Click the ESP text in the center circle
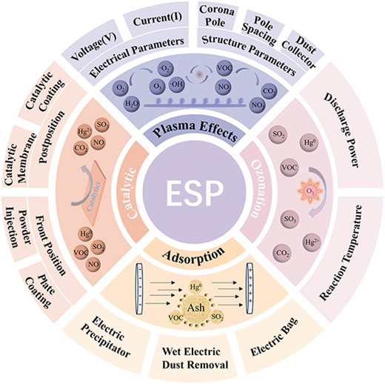(x=195, y=193)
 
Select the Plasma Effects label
(x=195, y=130)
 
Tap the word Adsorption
(x=194, y=256)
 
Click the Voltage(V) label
(x=93, y=47)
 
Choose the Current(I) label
(x=158, y=19)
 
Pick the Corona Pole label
(x=216, y=16)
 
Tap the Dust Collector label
(x=301, y=53)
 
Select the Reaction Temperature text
(x=341, y=253)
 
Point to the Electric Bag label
(x=275, y=337)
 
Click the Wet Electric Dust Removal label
(x=195, y=358)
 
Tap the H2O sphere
(x=132, y=104)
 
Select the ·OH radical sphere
(x=177, y=85)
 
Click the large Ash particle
(x=196, y=308)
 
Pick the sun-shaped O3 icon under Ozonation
(x=309, y=191)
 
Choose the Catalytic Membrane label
(x=20, y=160)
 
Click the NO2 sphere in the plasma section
(x=258, y=105)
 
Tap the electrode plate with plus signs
(x=250, y=288)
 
